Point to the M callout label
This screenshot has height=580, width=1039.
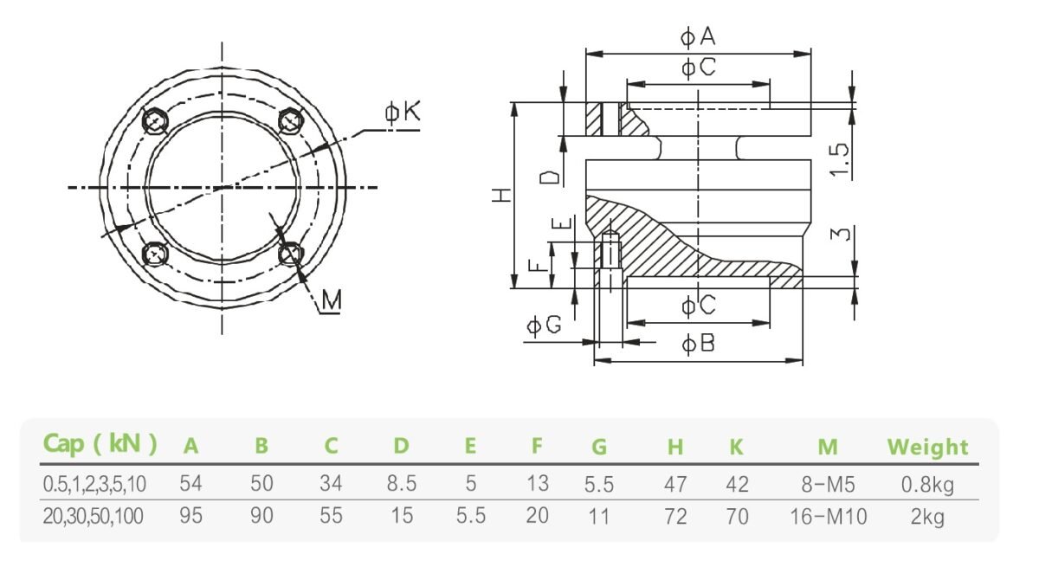[x=330, y=300]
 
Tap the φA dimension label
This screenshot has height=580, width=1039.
[x=698, y=36]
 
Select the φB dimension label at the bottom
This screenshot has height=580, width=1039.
[x=698, y=344]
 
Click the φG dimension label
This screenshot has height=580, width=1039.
[x=545, y=325]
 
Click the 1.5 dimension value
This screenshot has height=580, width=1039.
[x=839, y=159]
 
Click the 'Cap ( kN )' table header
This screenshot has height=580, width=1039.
[x=100, y=445]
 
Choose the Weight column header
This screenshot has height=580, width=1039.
[x=927, y=448]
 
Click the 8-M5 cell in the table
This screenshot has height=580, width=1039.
[x=828, y=484]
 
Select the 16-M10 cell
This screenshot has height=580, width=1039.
[x=828, y=517]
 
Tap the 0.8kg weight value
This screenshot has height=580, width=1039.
[x=927, y=484]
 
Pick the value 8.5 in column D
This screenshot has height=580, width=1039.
[x=401, y=484]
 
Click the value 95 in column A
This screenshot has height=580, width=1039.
[x=190, y=517]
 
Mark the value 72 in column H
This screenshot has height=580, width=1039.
[x=675, y=517]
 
